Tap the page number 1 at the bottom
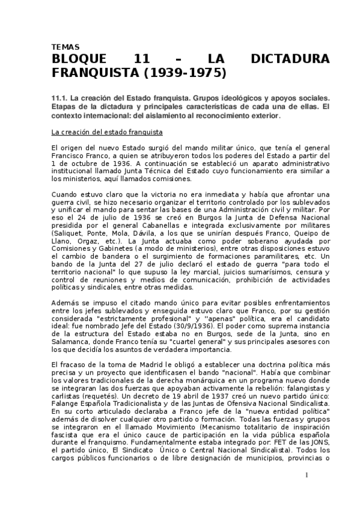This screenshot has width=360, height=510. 306,475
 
